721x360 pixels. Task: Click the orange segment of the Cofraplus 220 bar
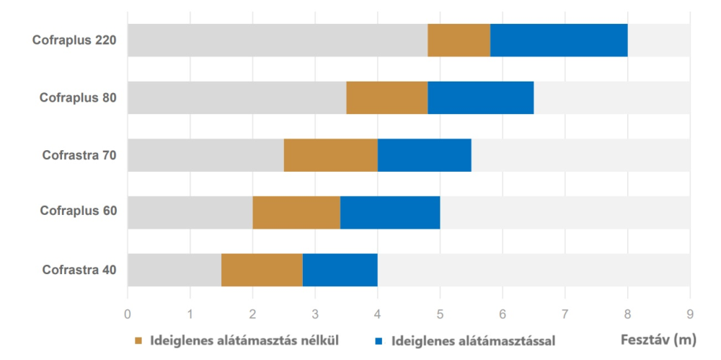tap(459, 40)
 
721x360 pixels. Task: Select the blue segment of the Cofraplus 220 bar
tap(559, 40)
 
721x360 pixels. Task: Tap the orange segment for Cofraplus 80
tap(386, 97)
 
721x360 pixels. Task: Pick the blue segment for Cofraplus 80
tap(480, 97)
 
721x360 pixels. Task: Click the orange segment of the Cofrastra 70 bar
tap(330, 155)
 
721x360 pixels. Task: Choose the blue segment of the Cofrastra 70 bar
tap(424, 155)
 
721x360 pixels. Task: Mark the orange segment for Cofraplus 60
tap(296, 212)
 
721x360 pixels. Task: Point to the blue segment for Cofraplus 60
tap(389, 212)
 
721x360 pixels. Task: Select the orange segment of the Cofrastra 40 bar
tap(262, 270)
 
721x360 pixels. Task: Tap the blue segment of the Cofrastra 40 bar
tap(340, 270)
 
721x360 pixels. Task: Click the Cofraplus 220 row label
tap(74, 40)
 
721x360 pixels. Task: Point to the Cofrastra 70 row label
tap(79, 155)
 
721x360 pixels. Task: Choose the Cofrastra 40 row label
tap(79, 271)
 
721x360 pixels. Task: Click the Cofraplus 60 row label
tap(78, 212)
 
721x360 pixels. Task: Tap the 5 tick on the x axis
tap(440, 315)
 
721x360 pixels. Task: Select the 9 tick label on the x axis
tap(690, 315)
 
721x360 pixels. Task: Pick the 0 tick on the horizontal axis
tap(128, 315)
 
